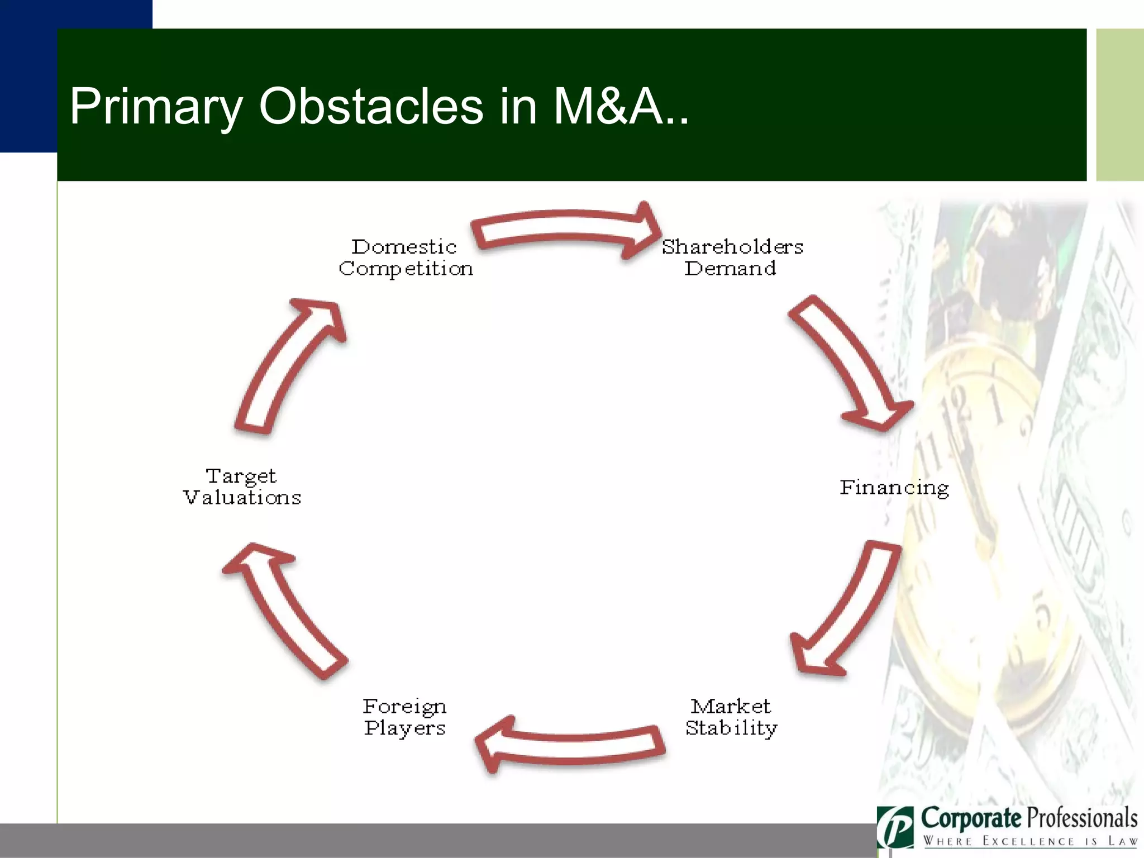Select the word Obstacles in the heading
(x=370, y=106)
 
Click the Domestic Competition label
(x=406, y=258)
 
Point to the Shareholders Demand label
(x=732, y=258)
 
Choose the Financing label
(x=894, y=488)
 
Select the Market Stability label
(x=731, y=717)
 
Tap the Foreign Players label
(x=405, y=717)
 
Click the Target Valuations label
(x=242, y=487)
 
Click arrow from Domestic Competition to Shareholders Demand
(x=564, y=229)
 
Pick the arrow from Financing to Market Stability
(x=849, y=609)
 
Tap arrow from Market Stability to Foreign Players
(x=570, y=746)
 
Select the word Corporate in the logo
(x=971, y=819)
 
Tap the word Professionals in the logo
(x=1083, y=819)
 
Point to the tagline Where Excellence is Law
(x=1029, y=841)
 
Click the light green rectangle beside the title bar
(x=1119, y=105)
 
